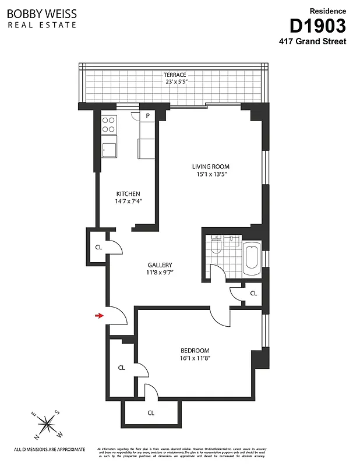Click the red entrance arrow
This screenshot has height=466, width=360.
point(100,316)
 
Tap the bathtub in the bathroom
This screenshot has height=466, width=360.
point(252,259)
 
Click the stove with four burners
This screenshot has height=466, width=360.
point(109,125)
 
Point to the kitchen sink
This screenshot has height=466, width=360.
point(109,150)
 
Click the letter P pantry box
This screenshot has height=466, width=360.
point(148,116)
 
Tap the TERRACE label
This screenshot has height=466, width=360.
point(174,75)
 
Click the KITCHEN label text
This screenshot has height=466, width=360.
point(128,194)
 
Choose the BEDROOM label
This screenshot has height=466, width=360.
point(195,350)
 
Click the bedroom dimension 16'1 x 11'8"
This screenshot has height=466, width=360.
point(195,358)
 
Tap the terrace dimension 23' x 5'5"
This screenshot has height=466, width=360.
point(174,82)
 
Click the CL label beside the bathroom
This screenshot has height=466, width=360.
point(253,294)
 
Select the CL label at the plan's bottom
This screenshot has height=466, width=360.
point(151,413)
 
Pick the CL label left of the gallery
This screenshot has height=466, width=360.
point(98,246)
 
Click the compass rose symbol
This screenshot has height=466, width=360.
point(47,425)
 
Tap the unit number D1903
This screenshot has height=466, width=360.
point(317,26)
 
